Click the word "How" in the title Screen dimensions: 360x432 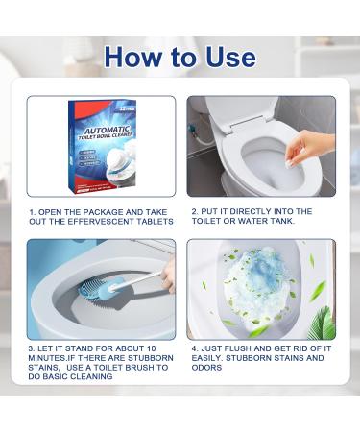tap(132, 57)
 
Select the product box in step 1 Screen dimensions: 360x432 tap(102, 147)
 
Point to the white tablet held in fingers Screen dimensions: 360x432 tap(290, 164)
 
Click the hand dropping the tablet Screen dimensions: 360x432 tap(310, 148)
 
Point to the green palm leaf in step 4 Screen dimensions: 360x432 tap(323, 324)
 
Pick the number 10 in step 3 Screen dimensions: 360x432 tap(151, 348)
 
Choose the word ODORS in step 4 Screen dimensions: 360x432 tap(206, 368)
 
